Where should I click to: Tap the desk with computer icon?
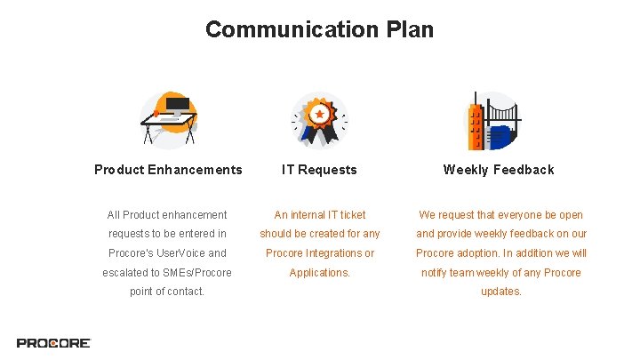[x=169, y=121]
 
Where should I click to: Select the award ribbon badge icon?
[x=319, y=121]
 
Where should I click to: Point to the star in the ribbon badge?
[x=319, y=114]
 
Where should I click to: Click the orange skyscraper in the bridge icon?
[x=476, y=125]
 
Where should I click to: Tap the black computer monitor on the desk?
[x=179, y=105]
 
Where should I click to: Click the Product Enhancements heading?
[x=168, y=170]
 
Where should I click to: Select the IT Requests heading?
[x=319, y=170]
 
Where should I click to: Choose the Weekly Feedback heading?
[x=498, y=170]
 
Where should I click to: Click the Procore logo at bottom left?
[x=53, y=343]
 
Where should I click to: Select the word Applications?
[x=319, y=272]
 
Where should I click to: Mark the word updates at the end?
[x=500, y=292]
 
